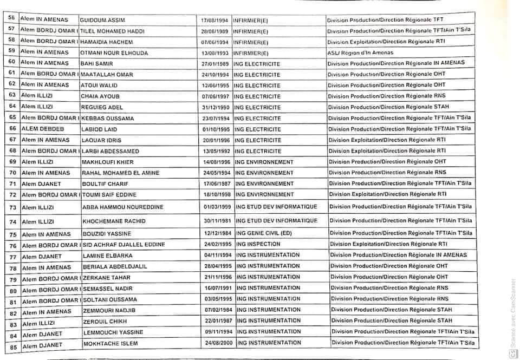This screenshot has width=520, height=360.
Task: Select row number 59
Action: pyautogui.click(x=11, y=51)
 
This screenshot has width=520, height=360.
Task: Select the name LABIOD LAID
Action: pyautogui.click(x=98, y=129)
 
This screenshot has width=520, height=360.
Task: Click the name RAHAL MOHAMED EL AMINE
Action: pyautogui.click(x=120, y=173)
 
